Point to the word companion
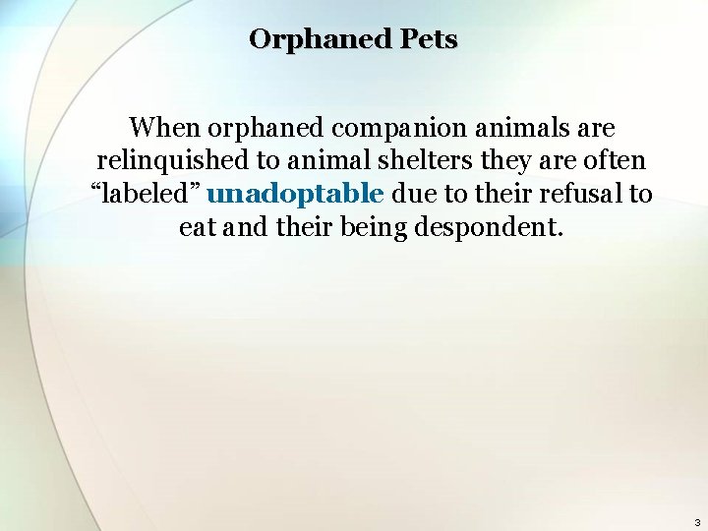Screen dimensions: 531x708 [397, 128]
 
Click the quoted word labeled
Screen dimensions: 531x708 [147, 194]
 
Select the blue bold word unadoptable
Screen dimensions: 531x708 [295, 194]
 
